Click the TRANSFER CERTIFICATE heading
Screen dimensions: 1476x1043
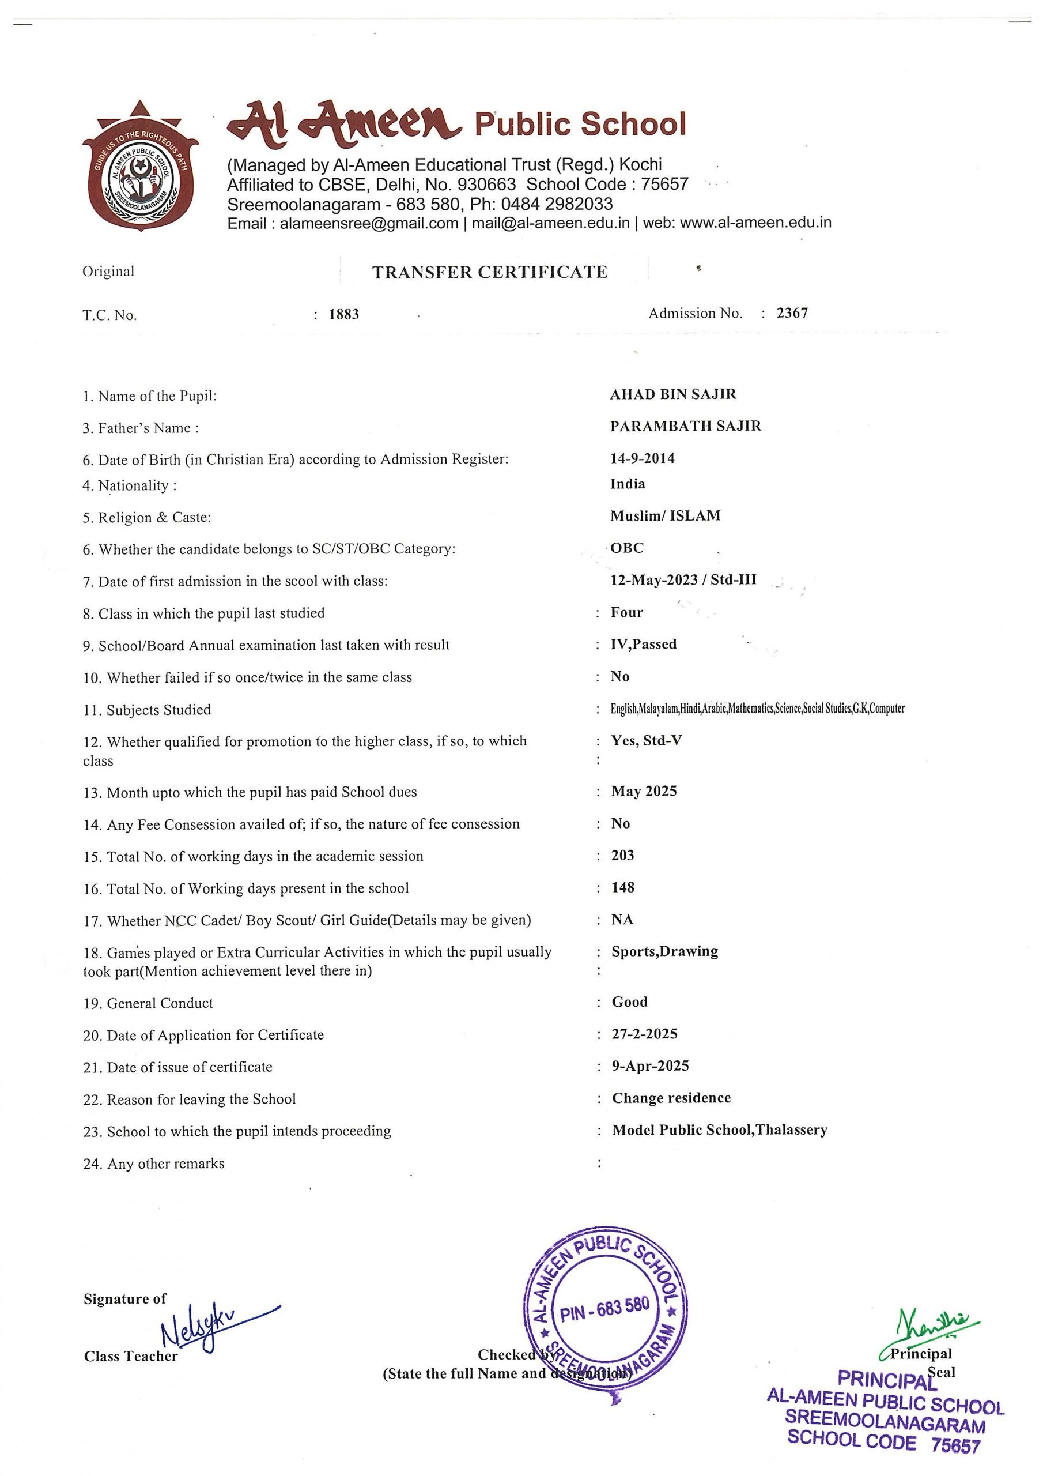click(490, 272)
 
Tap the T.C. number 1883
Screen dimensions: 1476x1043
click(344, 314)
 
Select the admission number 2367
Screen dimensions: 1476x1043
click(792, 313)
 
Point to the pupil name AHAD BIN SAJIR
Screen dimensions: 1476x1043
click(673, 394)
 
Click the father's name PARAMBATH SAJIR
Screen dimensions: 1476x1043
click(685, 426)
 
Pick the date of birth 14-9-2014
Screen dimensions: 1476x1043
click(642, 458)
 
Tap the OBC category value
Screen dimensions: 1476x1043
click(626, 548)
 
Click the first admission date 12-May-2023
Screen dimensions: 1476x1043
click(653, 580)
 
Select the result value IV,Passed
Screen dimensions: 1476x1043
click(643, 644)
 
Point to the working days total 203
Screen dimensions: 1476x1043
click(623, 856)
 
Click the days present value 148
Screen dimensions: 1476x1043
click(623, 888)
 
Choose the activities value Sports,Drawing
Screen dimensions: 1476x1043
click(664, 951)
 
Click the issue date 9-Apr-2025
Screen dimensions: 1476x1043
click(651, 1066)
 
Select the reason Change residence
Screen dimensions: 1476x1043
click(671, 1098)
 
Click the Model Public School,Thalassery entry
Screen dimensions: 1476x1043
click(719, 1130)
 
